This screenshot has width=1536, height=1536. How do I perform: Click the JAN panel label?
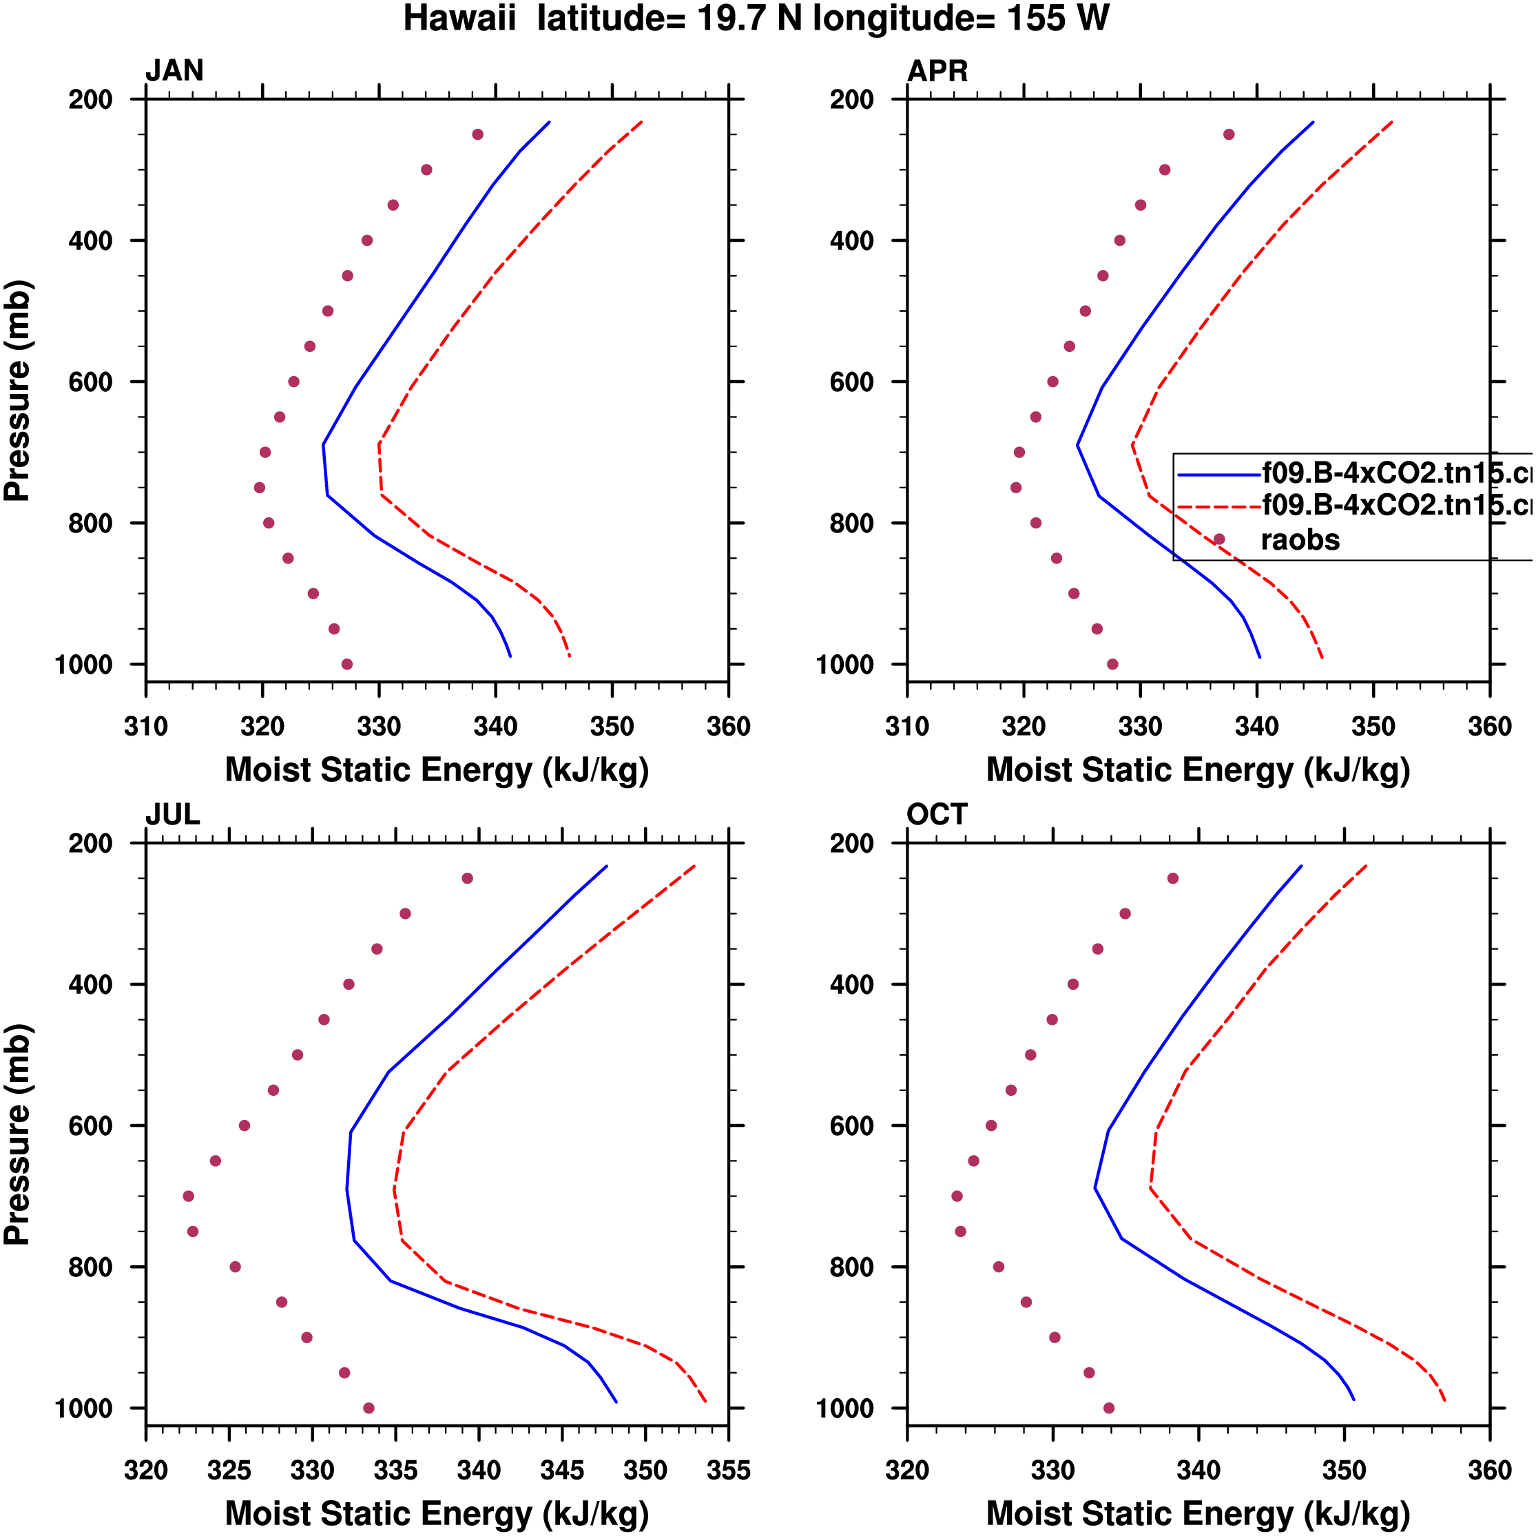174,71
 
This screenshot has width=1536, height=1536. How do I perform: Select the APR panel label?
937,71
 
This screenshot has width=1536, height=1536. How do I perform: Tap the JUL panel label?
172,814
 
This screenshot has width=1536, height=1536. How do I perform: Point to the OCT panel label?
937,814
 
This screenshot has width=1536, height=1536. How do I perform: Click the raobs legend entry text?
1300,540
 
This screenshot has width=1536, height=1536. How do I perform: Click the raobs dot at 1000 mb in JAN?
346,664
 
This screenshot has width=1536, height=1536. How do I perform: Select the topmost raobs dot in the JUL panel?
468,878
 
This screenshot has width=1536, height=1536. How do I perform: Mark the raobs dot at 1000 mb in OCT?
1109,1408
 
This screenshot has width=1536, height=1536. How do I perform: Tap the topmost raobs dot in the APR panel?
1229,134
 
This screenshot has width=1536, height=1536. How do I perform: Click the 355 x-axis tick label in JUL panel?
728,1470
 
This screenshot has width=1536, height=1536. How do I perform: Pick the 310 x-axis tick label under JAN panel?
146,726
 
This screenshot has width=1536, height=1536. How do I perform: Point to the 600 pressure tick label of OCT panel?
851,1125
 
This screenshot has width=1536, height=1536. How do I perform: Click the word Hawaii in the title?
459,19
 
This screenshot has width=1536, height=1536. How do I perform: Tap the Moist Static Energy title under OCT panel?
1198,1513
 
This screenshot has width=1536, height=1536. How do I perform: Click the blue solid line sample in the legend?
1218,475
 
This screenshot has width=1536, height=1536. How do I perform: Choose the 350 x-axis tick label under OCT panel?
1344,1470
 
